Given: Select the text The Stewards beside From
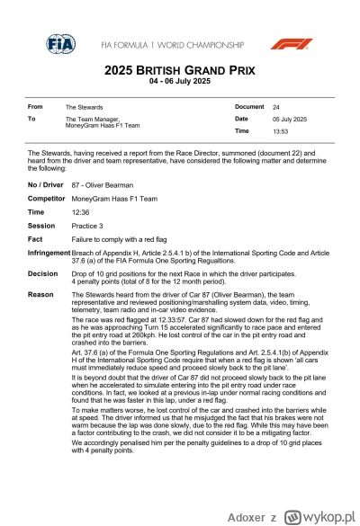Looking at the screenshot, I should click(x=83, y=107).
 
